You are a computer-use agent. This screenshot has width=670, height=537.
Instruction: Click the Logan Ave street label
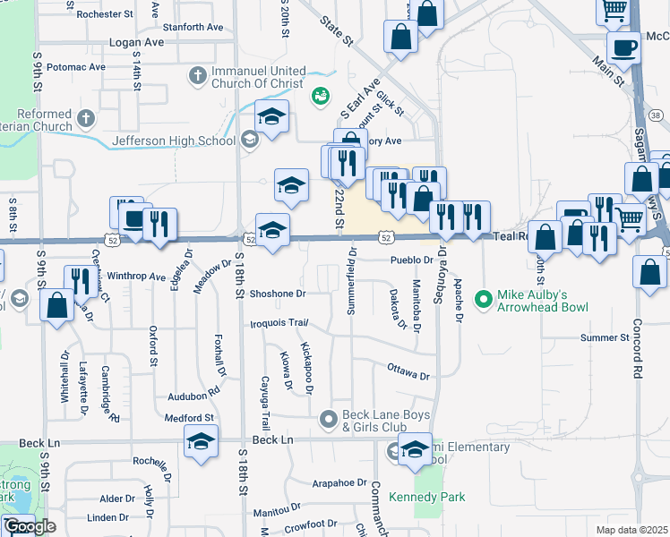136,42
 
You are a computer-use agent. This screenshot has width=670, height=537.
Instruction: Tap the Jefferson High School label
174,141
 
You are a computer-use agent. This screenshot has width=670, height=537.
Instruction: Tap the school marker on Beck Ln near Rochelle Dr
201,440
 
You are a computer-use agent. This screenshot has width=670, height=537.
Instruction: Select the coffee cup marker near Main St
623,47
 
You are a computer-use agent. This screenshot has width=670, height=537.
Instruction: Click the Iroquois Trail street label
279,322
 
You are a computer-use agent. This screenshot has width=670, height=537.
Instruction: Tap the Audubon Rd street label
193,393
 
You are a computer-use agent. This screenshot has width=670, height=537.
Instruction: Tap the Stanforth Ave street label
194,28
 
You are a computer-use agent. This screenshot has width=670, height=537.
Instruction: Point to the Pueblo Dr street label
411,260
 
